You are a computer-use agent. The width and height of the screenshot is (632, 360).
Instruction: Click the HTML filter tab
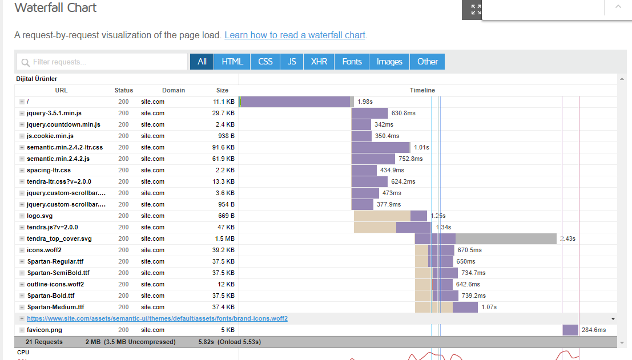tap(232, 62)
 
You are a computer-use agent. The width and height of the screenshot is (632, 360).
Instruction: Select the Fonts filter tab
tap(352, 62)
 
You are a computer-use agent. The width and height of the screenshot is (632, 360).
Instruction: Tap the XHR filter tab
tap(319, 62)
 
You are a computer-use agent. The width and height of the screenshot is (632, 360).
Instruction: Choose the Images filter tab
tap(389, 62)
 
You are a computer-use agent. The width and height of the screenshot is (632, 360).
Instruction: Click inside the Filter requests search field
tap(103, 62)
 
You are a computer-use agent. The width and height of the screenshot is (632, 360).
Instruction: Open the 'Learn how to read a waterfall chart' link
tap(295, 35)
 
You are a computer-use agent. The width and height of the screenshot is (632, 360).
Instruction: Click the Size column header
tap(222, 90)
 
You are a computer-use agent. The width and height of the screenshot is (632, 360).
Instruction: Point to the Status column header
tap(124, 90)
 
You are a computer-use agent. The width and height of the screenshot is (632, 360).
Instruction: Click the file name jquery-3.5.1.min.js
tap(54, 113)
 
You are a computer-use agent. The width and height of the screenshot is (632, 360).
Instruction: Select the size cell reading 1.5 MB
tap(225, 239)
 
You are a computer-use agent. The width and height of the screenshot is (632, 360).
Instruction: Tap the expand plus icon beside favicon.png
tap(22, 330)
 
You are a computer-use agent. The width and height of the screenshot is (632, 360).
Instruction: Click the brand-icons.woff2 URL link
tap(157, 318)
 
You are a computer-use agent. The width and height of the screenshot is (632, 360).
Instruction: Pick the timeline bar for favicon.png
tap(570, 330)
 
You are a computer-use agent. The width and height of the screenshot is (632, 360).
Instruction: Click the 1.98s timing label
tap(365, 102)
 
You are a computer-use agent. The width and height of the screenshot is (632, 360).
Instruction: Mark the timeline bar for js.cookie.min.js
tap(361, 136)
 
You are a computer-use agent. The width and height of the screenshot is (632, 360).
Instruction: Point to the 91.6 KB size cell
tap(223, 147)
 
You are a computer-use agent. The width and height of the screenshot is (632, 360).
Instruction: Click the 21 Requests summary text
tap(45, 342)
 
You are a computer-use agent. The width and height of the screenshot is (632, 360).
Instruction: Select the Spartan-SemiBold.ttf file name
tap(58, 273)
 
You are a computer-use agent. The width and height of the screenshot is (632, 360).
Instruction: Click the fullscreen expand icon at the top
tap(476, 9)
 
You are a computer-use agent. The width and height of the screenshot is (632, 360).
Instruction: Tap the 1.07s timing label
tap(489, 308)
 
